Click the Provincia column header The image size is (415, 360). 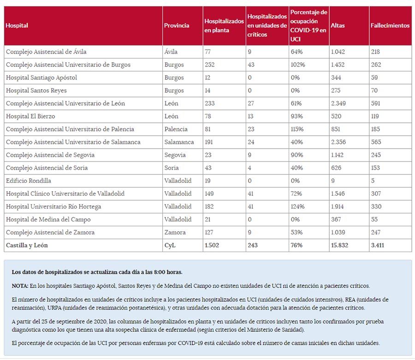tap(177, 25)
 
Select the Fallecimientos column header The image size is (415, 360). tap(390, 25)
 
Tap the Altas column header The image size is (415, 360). tap(338, 25)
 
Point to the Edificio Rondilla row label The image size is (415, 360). tap(29, 181)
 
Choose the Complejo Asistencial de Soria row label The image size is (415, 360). tap(47, 168)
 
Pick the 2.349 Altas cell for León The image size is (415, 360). tap(339, 103)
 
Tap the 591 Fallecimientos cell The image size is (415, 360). tap(376, 103)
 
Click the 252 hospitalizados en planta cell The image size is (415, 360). tap(210, 65)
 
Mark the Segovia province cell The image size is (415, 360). tap(175, 155)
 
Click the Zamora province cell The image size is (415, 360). tap(175, 233)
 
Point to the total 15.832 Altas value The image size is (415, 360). tap(340, 246)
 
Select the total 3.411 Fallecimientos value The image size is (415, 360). tap(377, 246)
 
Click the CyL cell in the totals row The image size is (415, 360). tap(170, 246)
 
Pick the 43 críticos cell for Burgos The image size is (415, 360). tap(251, 65)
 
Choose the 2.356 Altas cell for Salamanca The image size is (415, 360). tap(339, 142)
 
